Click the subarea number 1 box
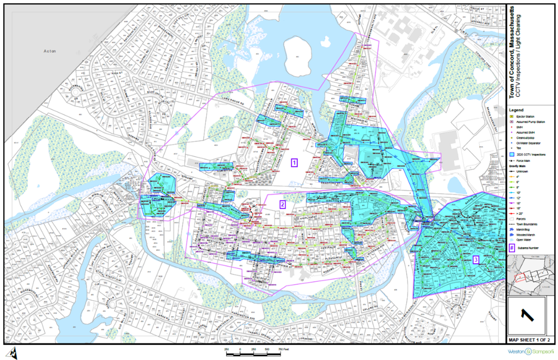pyautogui.click(x=294, y=162)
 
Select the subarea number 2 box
pyautogui.click(x=282, y=204)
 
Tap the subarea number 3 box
pyautogui.click(x=476, y=260)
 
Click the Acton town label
pyautogui.click(x=50, y=51)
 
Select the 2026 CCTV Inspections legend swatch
pyautogui.click(x=512, y=154)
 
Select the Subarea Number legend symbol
pyautogui.click(x=512, y=248)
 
